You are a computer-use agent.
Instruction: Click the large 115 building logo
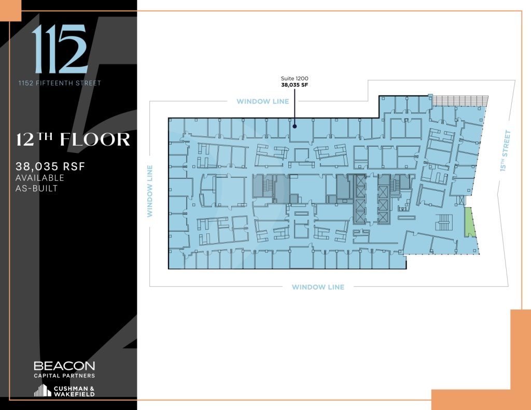pos(59,49)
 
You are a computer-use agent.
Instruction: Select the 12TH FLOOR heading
pos(73,140)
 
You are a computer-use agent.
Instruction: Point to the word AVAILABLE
pos(40,178)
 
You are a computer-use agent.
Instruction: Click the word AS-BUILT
pos(37,188)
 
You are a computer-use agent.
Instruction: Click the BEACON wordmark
pos(64,366)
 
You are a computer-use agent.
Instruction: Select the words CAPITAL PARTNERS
pos(64,375)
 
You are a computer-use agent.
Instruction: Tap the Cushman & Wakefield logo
pos(64,391)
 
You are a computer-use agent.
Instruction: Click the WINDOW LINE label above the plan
pos(262,101)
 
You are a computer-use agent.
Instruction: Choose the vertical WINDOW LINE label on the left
pos(149,191)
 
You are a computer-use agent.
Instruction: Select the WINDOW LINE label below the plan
pos(318,287)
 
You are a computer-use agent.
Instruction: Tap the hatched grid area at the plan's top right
pos(460,100)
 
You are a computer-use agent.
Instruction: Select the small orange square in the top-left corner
pos(10,10)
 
